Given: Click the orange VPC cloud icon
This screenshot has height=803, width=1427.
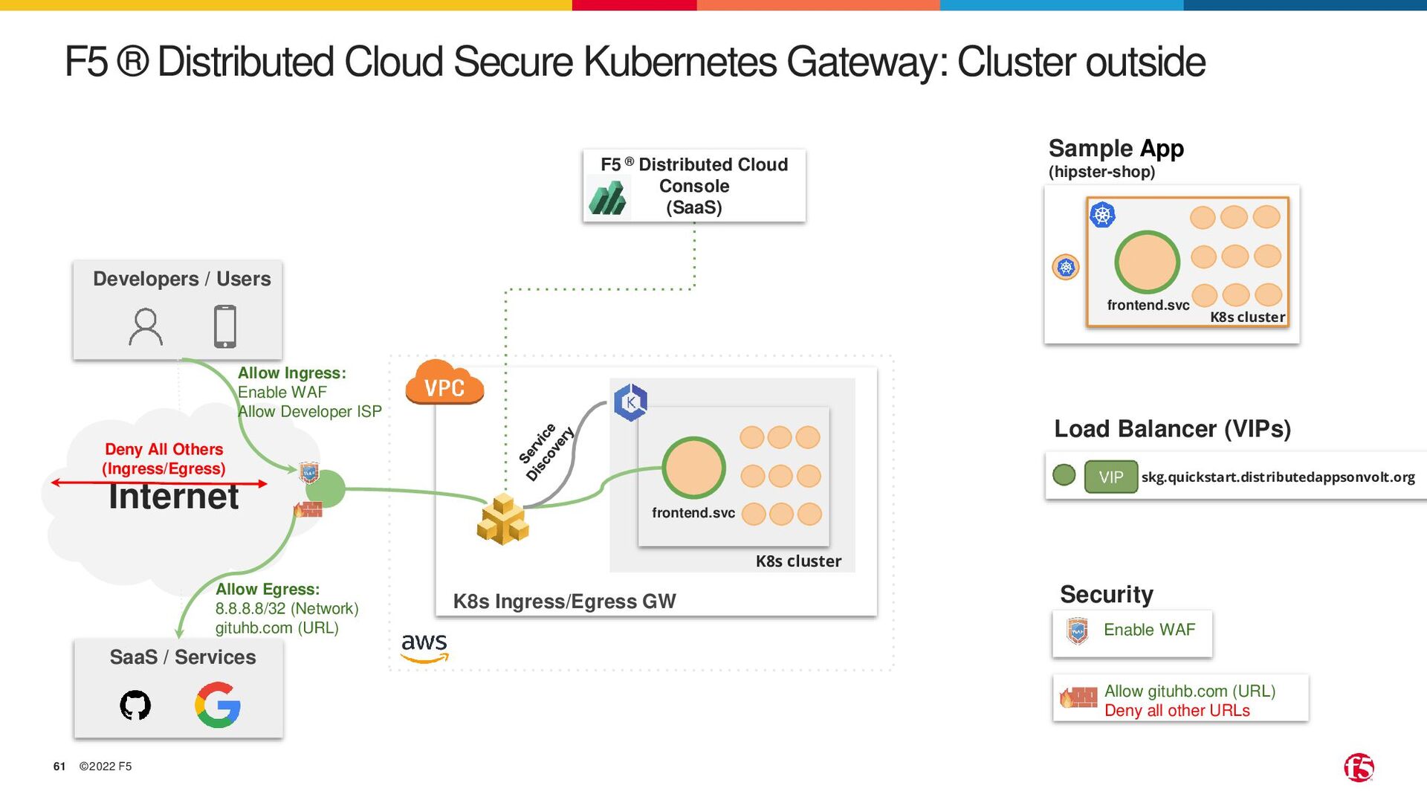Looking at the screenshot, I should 444,384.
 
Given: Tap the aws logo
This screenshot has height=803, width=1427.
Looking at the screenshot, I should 424,646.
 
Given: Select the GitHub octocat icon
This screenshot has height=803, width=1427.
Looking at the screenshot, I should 135,705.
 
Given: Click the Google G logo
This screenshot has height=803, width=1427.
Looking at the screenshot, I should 218,705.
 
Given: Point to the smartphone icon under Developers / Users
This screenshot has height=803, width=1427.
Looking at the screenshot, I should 224,326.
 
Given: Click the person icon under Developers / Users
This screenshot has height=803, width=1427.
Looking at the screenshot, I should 146,327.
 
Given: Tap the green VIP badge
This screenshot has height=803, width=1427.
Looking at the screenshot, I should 1110,477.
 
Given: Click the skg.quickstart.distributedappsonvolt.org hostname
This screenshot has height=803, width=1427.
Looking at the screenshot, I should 1278,477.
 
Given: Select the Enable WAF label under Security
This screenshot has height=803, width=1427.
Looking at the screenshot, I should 1149,630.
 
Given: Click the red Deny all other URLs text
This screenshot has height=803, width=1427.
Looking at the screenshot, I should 1177,711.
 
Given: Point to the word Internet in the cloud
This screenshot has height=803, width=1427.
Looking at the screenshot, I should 174,497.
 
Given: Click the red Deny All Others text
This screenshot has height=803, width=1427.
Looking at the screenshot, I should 164,450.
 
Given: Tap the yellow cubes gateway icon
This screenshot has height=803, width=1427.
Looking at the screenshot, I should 503,519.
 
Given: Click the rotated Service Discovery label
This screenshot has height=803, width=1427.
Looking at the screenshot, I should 546,452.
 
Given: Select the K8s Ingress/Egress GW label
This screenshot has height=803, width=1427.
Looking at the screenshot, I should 564,602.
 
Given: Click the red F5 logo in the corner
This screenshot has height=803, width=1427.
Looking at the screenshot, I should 1359,767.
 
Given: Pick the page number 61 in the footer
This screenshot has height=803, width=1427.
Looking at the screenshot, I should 59,767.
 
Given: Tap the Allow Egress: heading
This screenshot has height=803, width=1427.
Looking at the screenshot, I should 268,590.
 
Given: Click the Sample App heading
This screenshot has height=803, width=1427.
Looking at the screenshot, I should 1116,149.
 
